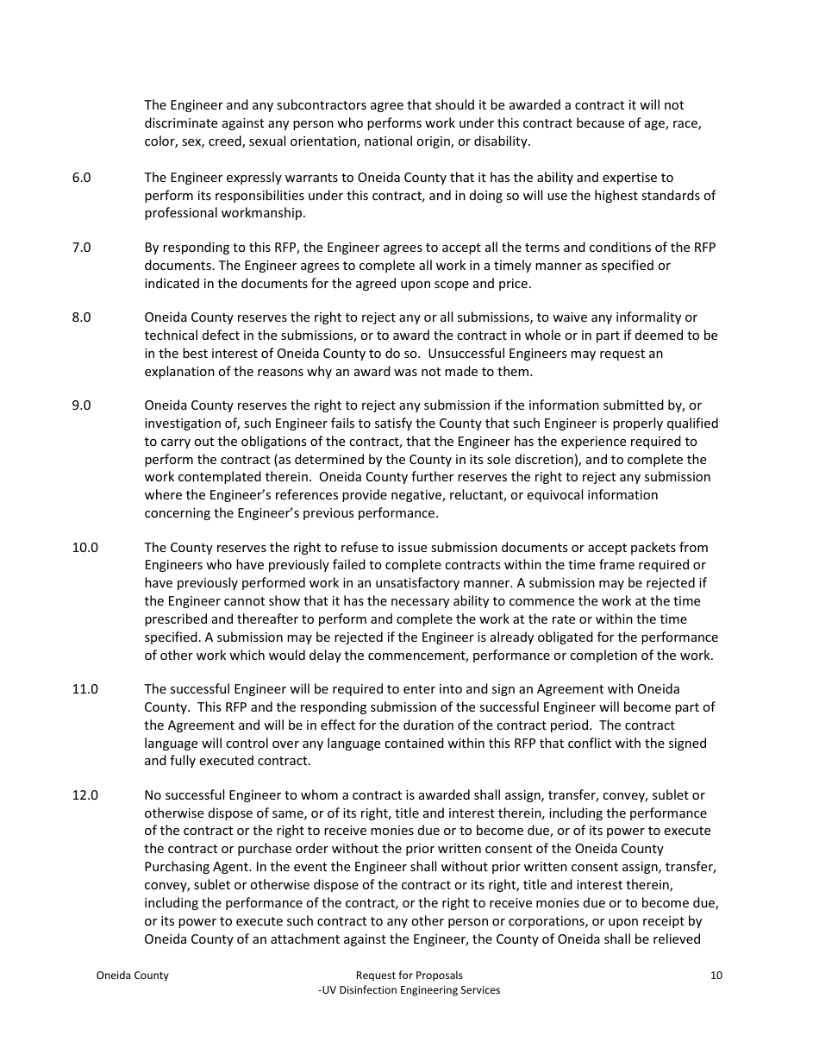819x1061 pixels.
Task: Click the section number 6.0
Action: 81,178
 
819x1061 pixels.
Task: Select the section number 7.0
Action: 81,248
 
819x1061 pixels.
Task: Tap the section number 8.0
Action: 81,317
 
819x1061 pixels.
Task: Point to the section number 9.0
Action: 81,405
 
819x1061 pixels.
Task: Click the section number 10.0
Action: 84,547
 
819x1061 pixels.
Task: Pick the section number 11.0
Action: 84,688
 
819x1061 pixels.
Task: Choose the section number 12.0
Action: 84,794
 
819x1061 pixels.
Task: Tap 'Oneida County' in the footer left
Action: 132,976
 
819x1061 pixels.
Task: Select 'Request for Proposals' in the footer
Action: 409,976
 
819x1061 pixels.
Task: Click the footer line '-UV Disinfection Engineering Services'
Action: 409,990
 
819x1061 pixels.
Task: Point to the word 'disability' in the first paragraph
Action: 500,141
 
